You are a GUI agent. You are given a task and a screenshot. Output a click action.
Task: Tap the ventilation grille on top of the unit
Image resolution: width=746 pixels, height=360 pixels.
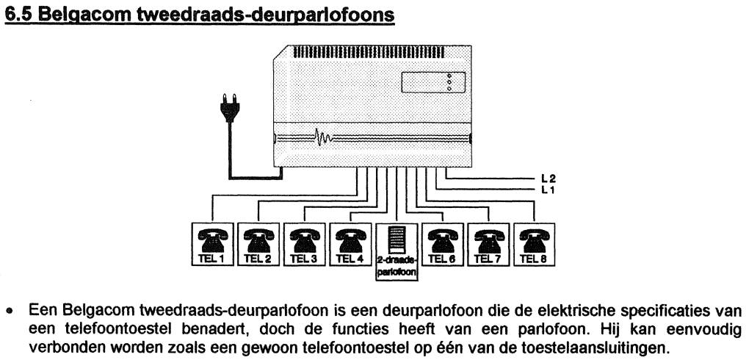coord(369,52)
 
